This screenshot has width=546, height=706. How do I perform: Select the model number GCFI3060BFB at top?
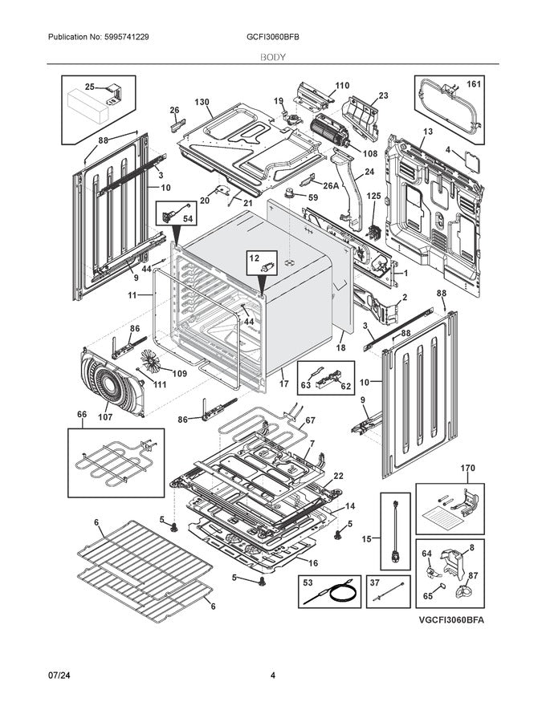[273, 38]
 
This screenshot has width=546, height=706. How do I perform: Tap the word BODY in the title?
[273, 58]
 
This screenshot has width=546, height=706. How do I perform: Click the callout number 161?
[474, 83]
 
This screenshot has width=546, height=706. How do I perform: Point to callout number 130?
[202, 102]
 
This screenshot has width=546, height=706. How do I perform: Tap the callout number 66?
[81, 415]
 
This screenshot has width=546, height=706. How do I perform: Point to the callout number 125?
[373, 195]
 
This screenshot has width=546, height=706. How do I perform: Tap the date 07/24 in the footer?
[59, 676]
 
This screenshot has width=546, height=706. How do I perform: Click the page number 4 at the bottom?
[273, 676]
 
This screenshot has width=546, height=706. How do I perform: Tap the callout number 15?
[366, 539]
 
